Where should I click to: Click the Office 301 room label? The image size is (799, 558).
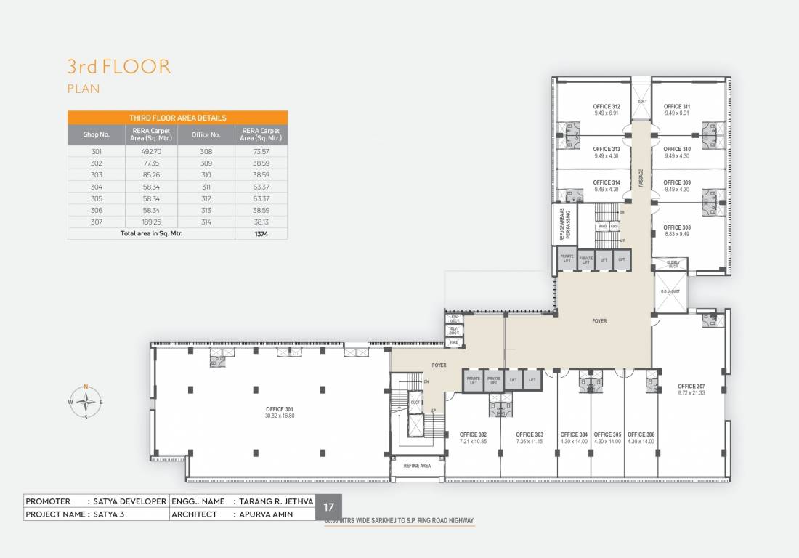[280, 409]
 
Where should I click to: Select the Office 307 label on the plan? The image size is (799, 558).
[691, 386]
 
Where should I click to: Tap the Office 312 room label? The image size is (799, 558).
[606, 107]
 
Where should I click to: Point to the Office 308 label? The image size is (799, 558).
[677, 227]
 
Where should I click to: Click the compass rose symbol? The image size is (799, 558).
[86, 401]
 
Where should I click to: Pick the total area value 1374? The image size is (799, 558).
[261, 234]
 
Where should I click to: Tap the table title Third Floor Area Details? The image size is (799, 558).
[177, 118]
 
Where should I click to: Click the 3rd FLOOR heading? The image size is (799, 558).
[119, 68]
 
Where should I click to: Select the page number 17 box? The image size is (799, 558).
[328, 508]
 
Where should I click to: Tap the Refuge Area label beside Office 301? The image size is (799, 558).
[417, 465]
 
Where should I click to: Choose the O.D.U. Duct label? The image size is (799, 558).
[670, 291]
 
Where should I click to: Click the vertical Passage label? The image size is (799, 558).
[641, 178]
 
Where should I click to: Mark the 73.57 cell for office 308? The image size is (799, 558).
[261, 152]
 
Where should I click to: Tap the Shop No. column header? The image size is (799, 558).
[96, 134]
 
